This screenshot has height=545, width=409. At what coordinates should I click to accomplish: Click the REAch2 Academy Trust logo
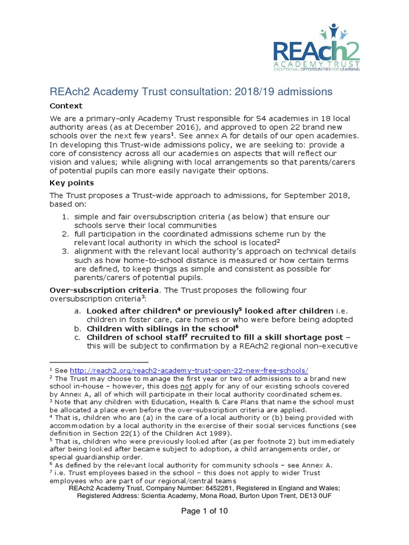(x=317, y=47)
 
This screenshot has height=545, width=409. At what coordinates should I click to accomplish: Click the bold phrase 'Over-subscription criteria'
(x=104, y=290)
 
